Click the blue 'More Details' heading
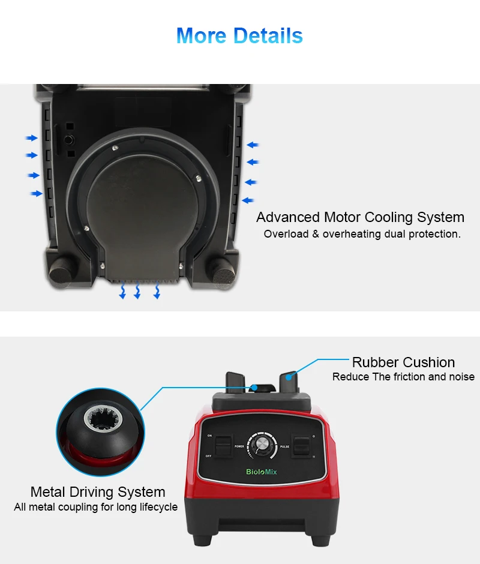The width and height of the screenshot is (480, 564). (x=239, y=36)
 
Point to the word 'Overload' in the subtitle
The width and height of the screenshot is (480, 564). (x=286, y=234)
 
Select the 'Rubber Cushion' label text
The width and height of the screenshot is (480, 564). (x=403, y=362)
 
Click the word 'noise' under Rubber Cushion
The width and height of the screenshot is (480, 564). (x=461, y=377)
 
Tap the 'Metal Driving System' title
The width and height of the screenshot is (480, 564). (x=98, y=492)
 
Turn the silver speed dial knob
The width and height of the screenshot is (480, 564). (x=262, y=445)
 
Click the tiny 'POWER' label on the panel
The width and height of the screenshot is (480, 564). (x=239, y=446)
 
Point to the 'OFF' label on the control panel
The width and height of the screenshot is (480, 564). (x=209, y=456)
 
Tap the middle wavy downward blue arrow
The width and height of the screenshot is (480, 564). (x=137, y=292)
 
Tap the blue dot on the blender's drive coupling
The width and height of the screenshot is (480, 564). (x=256, y=388)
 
